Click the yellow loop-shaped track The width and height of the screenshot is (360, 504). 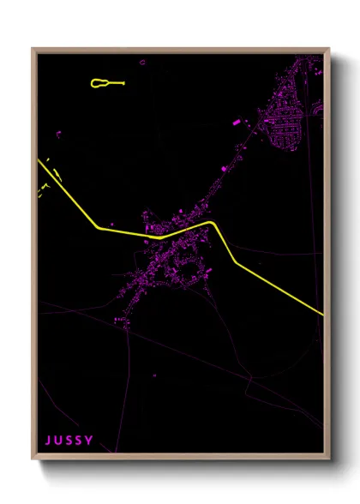[x=100, y=83]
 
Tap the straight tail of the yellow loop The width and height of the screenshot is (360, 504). [x=117, y=83]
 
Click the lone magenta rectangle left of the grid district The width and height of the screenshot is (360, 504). [x=236, y=123]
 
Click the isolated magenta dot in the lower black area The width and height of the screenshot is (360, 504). [x=154, y=375]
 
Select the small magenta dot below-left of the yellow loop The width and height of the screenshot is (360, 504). [x=59, y=133]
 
